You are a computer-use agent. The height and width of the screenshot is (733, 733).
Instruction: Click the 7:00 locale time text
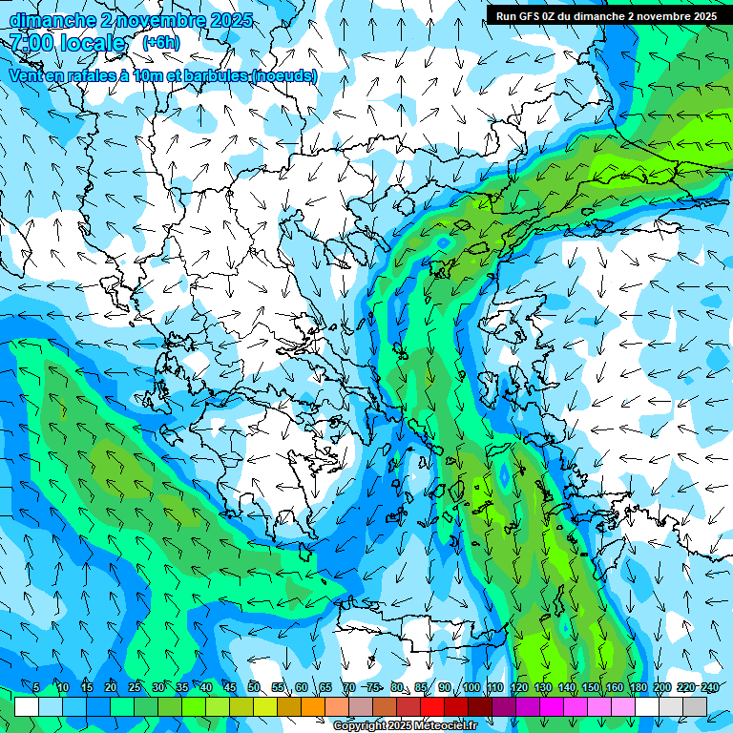[x=67, y=43]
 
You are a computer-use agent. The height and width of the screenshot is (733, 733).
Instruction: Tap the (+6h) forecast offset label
[x=160, y=43]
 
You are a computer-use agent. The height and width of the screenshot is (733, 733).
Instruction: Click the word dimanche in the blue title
[x=46, y=20]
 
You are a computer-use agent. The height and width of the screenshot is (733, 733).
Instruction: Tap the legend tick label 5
[x=36, y=687]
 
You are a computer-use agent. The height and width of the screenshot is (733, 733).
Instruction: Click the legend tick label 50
[x=254, y=687]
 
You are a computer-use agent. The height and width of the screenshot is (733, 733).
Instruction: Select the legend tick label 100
[x=471, y=687]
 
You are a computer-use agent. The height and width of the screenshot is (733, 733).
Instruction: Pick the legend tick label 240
[x=709, y=687]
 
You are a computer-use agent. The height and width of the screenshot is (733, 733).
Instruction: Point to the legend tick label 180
[x=638, y=687]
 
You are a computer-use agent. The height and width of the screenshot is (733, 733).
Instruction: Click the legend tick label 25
[x=135, y=687]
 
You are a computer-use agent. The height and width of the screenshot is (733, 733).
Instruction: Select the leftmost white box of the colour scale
[x=27, y=706]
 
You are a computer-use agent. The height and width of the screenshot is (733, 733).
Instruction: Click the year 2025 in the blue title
[x=229, y=20]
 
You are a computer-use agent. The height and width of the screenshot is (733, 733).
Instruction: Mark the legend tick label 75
[x=373, y=687]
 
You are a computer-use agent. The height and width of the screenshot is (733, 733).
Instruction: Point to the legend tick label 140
[x=566, y=687]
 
